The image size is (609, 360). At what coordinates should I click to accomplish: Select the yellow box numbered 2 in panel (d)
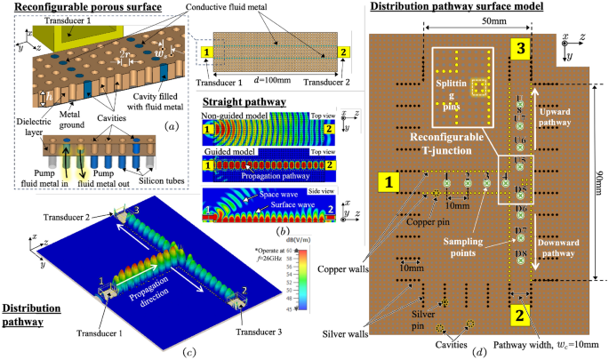pos(522,314)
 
